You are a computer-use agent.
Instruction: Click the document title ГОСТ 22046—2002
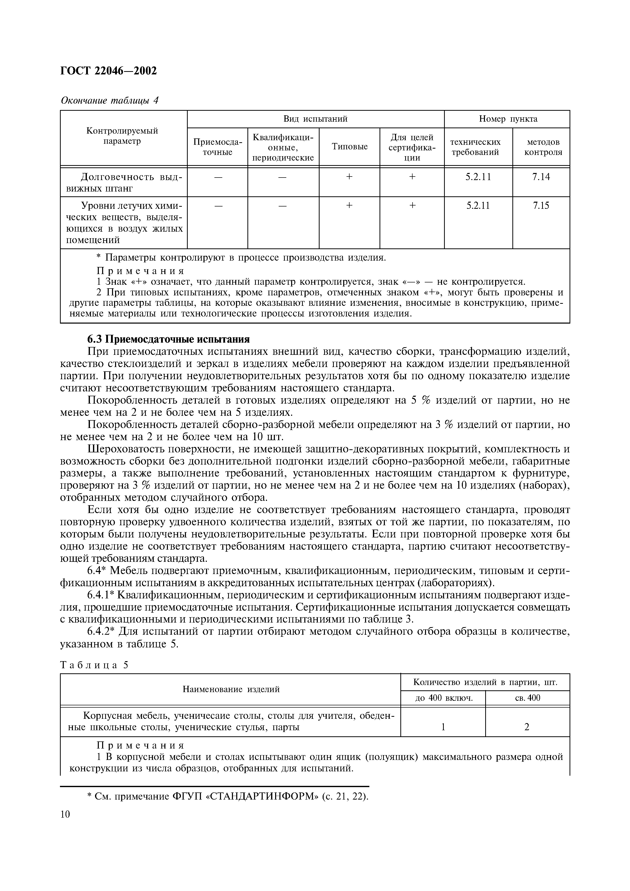click(109, 71)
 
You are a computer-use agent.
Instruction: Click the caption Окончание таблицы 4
click(110, 101)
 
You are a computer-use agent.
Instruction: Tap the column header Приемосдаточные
click(217, 147)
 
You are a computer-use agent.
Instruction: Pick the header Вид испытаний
click(315, 119)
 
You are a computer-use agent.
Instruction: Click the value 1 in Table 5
click(443, 727)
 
